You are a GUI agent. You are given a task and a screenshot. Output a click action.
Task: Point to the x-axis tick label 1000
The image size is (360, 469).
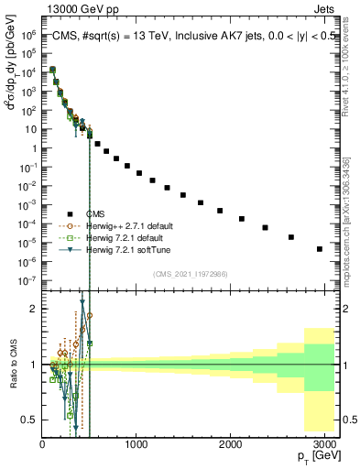136,444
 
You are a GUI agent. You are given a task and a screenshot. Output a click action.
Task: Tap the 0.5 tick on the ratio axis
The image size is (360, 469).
30,420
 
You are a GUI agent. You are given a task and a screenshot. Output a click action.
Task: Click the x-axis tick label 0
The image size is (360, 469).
42,444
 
